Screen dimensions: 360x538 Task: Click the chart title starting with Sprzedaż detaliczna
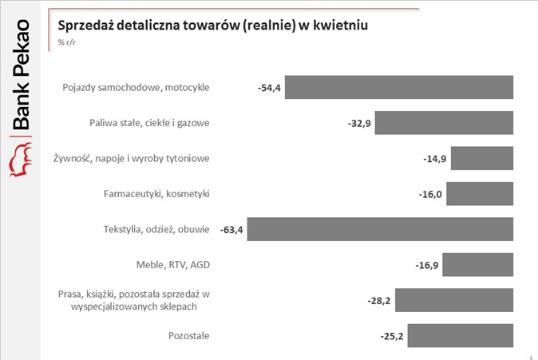[213, 26]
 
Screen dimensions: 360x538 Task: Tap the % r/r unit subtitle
[67, 43]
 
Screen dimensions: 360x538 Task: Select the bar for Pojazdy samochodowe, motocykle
[398, 87]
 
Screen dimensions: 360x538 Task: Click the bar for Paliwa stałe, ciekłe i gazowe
[444, 123]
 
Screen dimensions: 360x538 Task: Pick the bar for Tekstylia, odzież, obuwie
[380, 230]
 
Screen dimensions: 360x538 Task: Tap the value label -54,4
[269, 88]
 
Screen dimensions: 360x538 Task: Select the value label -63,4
[231, 231]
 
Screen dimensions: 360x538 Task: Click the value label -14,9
[435, 159]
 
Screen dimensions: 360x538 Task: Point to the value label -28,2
[379, 301]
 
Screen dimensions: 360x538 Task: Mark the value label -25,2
[392, 337]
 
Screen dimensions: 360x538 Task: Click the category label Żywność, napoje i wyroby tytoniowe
[131, 158]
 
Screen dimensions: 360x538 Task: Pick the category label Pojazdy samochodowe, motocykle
[136, 87]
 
